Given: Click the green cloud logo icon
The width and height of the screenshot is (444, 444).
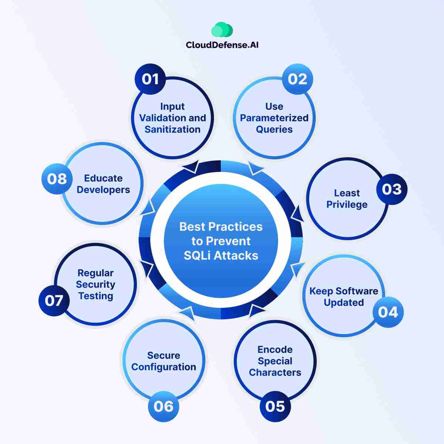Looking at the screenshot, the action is click(x=222, y=29).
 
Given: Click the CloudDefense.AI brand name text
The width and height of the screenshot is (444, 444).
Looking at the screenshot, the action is click(x=222, y=45).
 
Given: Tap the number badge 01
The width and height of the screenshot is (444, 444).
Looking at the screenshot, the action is click(x=150, y=79).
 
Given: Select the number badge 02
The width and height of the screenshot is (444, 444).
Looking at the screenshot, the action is click(x=297, y=79).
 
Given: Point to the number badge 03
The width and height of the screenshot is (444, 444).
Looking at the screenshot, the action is click(x=392, y=189).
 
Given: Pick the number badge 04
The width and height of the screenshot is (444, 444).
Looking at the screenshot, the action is click(x=388, y=312).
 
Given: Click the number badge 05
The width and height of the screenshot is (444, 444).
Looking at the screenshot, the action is click(x=275, y=406).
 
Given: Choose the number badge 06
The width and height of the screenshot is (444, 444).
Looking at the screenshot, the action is click(x=164, y=406).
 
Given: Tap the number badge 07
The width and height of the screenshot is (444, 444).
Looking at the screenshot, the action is click(x=54, y=300).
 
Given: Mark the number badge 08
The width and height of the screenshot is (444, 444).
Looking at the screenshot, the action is click(x=57, y=179).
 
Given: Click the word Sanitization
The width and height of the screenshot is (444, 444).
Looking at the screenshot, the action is click(x=172, y=129).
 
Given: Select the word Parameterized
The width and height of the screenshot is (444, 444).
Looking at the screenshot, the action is click(x=274, y=118).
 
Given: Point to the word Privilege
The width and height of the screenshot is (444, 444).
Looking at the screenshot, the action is click(x=347, y=205).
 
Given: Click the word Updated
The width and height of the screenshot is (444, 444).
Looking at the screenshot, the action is click(x=344, y=303).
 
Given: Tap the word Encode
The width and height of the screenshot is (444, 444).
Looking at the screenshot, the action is click(x=275, y=350).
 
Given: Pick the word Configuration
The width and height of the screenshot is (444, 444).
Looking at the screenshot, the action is click(x=164, y=367).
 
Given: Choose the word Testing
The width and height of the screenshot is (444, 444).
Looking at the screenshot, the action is click(x=95, y=296).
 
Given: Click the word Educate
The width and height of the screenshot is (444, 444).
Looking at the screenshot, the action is click(x=103, y=178).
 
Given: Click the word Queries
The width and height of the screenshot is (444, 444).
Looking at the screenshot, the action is click(x=274, y=129).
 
